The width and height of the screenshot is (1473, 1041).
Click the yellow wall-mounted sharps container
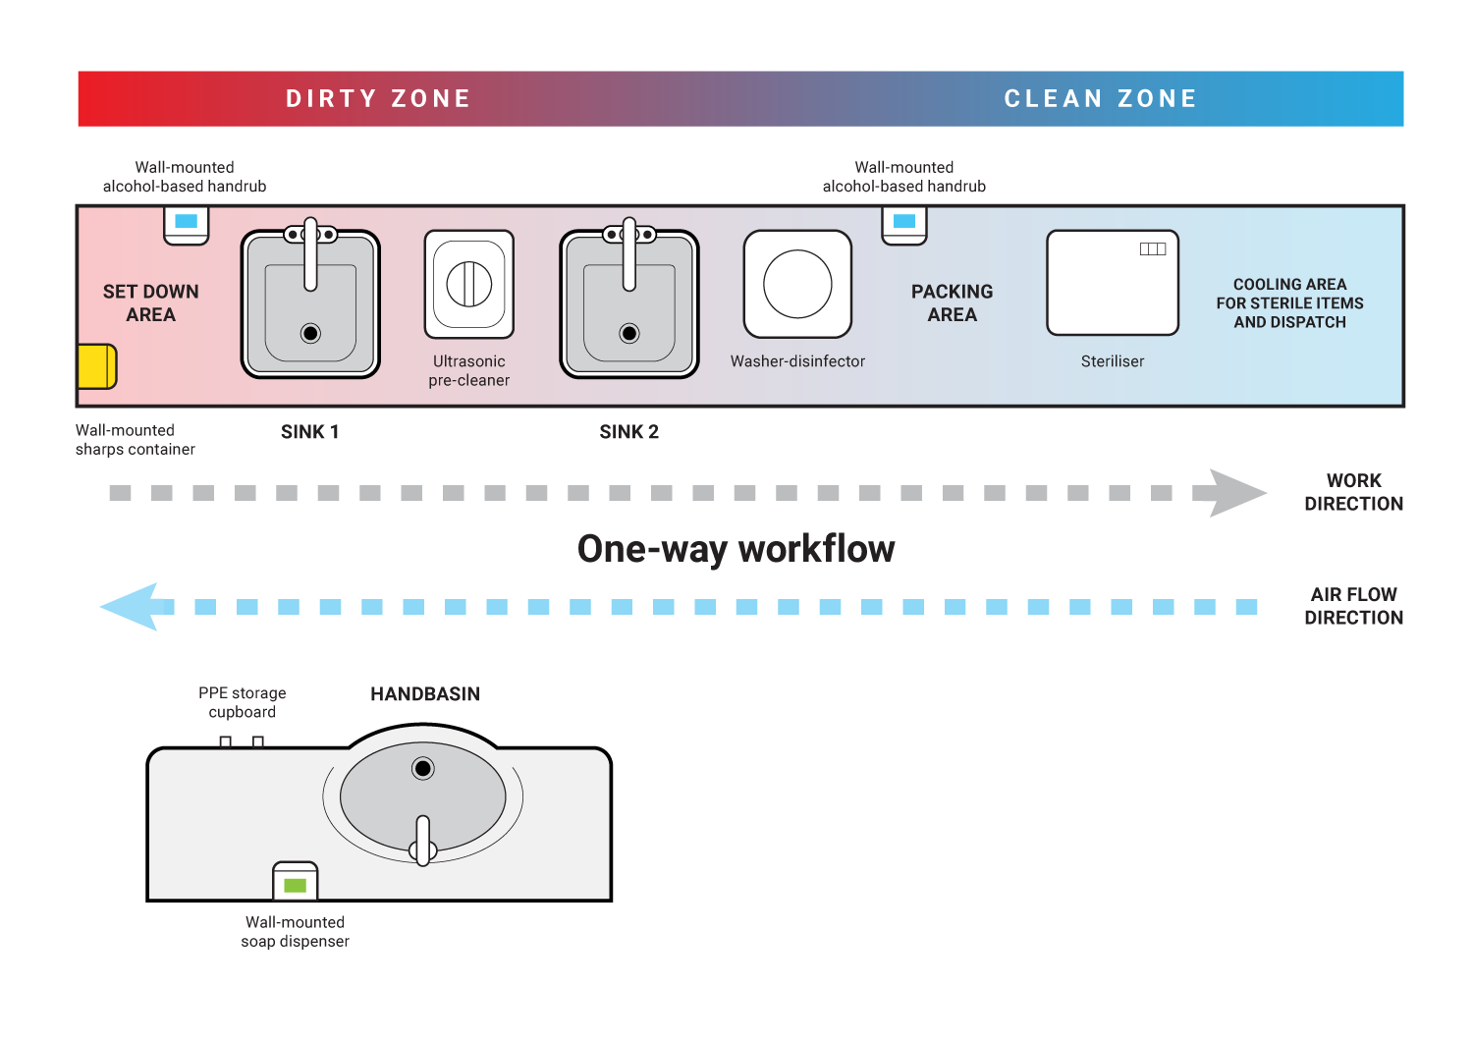(96, 366)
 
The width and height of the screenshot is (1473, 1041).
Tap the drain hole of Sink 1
(310, 333)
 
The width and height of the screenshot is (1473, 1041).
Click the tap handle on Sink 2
(629, 255)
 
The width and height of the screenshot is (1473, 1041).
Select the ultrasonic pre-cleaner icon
(469, 285)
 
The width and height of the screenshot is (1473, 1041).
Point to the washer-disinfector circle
(797, 284)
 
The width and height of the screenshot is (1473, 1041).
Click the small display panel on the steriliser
(1152, 249)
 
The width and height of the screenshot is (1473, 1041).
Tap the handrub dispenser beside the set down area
(186, 223)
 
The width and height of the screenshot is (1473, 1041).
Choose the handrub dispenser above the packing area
(904, 223)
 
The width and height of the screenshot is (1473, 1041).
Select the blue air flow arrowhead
(133, 607)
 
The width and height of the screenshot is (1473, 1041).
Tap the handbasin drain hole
(423, 768)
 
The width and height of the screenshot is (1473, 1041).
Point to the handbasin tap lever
(423, 841)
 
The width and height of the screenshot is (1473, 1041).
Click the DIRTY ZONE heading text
(378, 99)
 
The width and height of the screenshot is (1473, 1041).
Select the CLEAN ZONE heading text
(1100, 99)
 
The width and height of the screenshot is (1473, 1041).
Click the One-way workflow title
(736, 549)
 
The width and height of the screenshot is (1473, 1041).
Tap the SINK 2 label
(628, 432)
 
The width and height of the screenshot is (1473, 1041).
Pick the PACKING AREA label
(952, 303)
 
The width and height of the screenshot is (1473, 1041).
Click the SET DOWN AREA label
(150, 303)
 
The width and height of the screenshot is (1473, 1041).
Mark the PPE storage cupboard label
(243, 702)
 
